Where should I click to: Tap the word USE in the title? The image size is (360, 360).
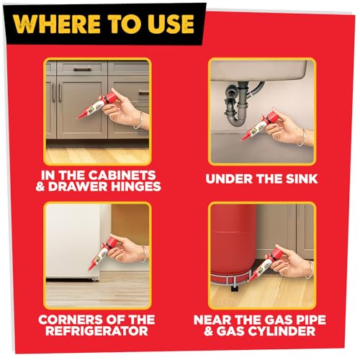click(x=168, y=24)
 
